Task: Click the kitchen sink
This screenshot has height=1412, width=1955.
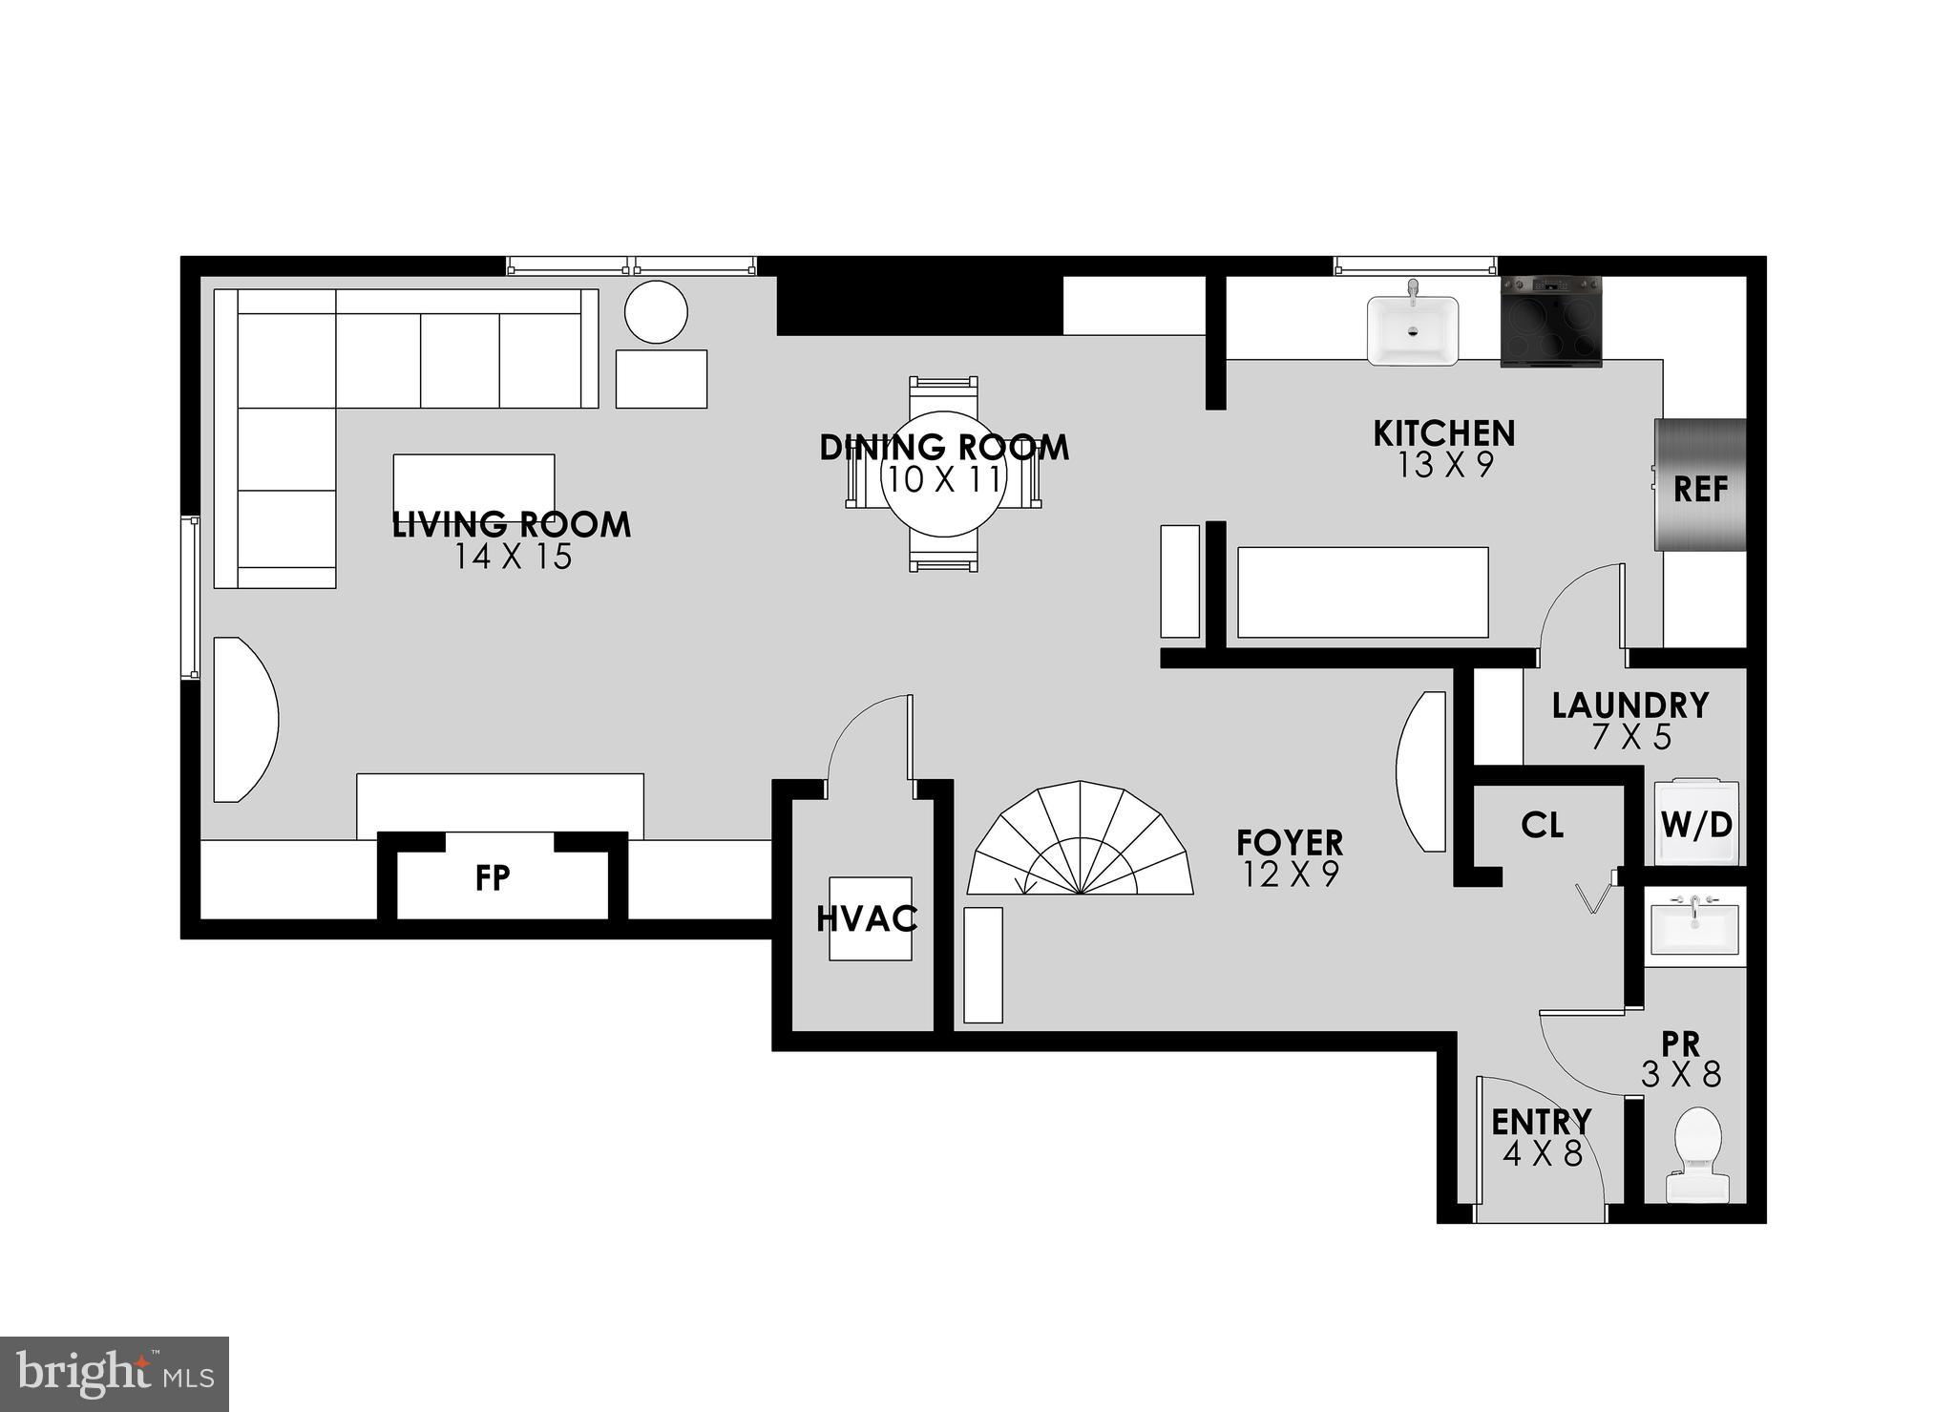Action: [x=1413, y=329]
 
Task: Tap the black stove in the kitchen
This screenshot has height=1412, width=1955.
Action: [x=1550, y=322]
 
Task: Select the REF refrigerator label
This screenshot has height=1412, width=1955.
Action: [x=1700, y=490]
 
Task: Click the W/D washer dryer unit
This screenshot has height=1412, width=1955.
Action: [x=1696, y=823]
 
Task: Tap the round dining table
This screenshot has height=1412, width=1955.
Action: [x=943, y=473]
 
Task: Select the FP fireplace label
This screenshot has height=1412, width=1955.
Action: [x=493, y=878]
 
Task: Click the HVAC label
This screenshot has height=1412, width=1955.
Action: [x=867, y=918]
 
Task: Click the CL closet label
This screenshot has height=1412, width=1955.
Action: [x=1543, y=825]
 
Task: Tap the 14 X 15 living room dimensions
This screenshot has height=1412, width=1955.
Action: [x=513, y=557]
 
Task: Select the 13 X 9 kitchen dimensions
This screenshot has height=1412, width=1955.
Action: [x=1444, y=465]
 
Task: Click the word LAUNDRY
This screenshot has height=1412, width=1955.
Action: [x=1629, y=706]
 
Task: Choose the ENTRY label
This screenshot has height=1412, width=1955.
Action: [x=1541, y=1121]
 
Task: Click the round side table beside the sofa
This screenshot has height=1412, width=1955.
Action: [x=656, y=311]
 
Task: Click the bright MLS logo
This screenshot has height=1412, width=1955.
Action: [x=115, y=1374]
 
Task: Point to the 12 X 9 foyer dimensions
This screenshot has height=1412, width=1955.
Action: [x=1291, y=874]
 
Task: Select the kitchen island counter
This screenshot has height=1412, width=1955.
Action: [x=1362, y=592]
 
